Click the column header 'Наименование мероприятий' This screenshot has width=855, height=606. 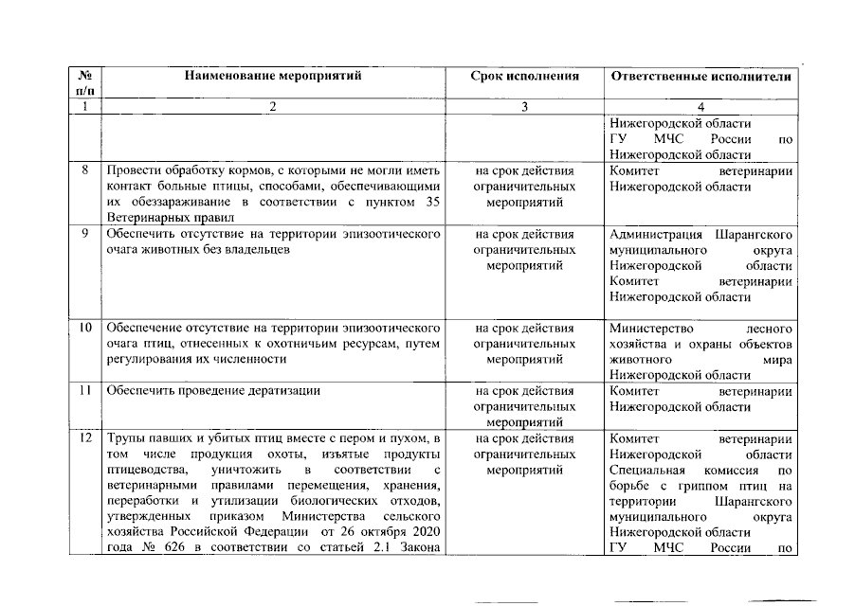273,76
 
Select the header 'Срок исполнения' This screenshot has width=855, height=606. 524,76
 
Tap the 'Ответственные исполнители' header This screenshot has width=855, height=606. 700,76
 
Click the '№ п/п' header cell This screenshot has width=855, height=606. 84,82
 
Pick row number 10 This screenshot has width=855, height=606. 84,328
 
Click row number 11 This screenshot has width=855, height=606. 84,390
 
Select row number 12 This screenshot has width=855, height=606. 84,438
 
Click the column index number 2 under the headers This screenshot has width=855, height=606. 273,107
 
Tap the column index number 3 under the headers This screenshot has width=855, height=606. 524,107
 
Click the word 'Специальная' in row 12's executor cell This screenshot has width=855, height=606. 645,470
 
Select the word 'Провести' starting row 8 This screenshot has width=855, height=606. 132,170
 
